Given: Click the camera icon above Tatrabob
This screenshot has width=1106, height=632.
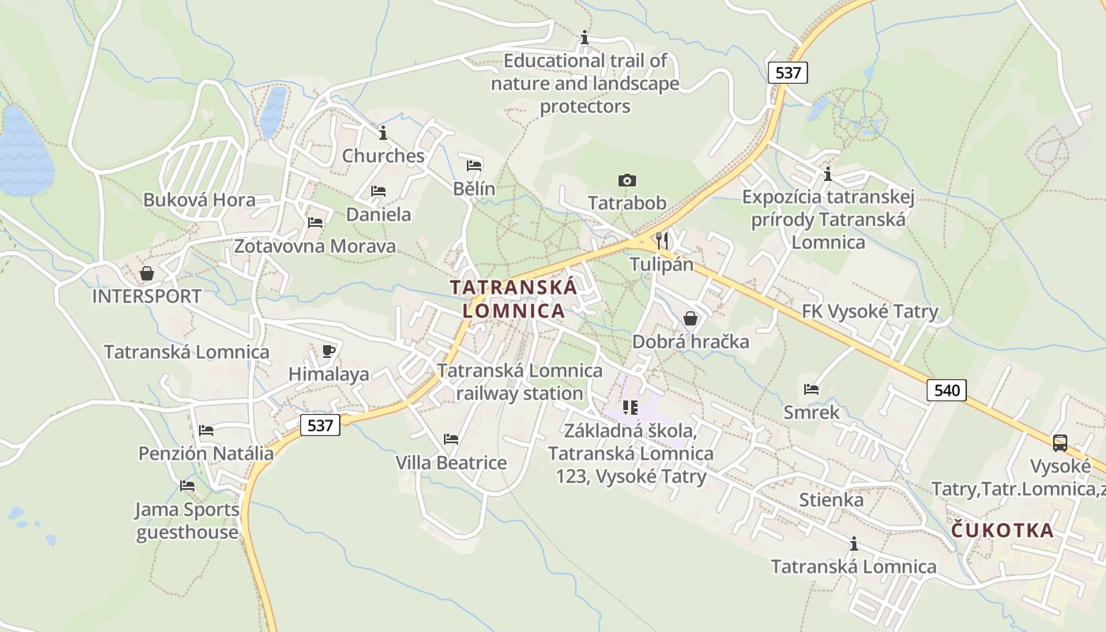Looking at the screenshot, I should tap(627, 181).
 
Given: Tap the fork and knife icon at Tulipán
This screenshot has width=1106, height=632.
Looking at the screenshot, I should tap(662, 240).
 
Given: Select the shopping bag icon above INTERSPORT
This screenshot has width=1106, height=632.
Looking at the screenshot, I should tap(147, 274).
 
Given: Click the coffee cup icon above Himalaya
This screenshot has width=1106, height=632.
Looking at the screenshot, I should tap(329, 352).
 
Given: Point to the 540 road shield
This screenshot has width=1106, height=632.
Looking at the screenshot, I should tap(946, 389).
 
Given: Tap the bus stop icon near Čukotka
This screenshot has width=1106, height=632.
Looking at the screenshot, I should tap(1060, 443).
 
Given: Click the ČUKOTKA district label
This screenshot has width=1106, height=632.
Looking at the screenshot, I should tap(1003, 530).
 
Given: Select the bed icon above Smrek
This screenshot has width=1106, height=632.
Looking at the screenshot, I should tap(811, 389).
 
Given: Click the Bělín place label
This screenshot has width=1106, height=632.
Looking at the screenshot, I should tap(474, 188).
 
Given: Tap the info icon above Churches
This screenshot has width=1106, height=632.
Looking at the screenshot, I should tap(383, 133).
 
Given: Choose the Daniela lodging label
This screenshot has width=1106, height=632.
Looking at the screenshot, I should tap(378, 214).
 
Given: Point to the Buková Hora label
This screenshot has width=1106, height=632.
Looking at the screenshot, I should tap(199, 200).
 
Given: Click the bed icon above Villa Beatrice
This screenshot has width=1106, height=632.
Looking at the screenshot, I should tap(451, 439).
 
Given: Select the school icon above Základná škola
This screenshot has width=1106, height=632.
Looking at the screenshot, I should tap(630, 408).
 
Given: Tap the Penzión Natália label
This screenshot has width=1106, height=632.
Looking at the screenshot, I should tap(206, 453).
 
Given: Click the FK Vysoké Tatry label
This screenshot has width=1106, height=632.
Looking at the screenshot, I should tap(870, 311).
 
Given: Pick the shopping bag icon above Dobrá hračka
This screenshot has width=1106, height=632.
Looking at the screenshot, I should tap(690, 318).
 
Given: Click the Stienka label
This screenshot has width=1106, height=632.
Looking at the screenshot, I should tap(831, 500).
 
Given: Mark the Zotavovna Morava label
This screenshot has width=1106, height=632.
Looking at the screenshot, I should tap(314, 246).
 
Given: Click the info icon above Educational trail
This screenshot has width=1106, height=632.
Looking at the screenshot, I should tap(585, 37).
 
